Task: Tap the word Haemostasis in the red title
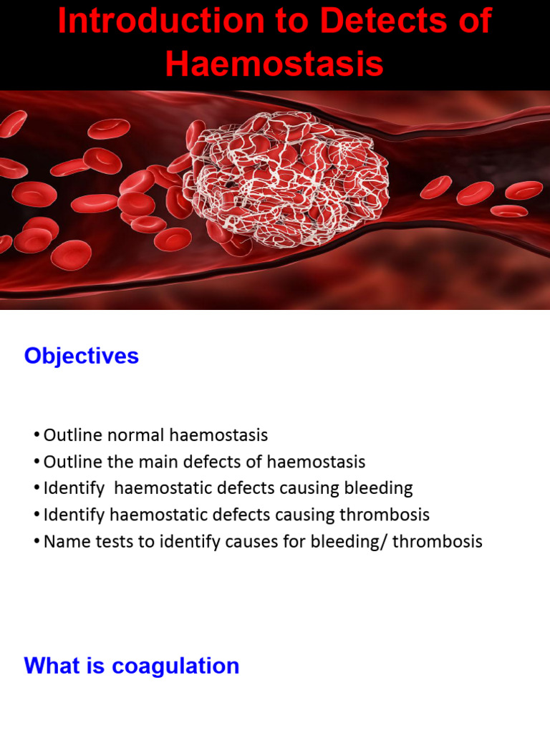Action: click(x=274, y=64)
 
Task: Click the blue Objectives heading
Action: click(x=82, y=356)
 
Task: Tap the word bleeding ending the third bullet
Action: click(x=377, y=488)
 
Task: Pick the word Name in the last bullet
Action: click(x=62, y=541)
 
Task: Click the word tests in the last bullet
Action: click(x=105, y=541)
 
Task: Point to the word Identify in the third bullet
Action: click(x=70, y=488)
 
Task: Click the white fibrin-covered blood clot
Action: click(x=286, y=185)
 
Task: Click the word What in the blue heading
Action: click(x=49, y=666)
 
